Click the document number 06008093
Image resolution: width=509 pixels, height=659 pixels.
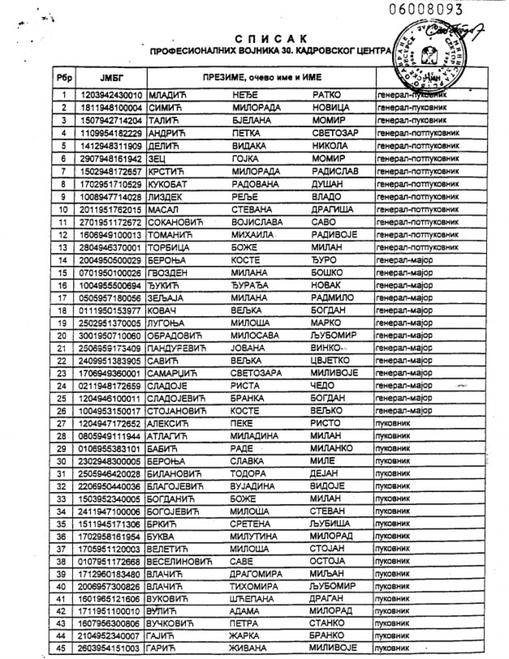(x=426, y=9)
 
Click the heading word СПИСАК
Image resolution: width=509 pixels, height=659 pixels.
(x=271, y=39)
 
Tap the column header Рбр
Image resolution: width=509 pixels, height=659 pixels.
(x=64, y=78)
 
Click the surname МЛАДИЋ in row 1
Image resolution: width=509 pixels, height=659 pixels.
(x=163, y=95)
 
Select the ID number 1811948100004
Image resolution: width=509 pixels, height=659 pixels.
(x=111, y=107)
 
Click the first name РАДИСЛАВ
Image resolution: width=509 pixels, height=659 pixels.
(x=336, y=171)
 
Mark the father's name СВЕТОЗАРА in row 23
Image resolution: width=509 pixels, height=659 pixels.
(x=256, y=373)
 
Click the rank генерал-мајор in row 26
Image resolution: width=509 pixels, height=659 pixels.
(x=405, y=411)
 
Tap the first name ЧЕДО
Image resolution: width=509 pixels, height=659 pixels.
(x=322, y=386)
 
